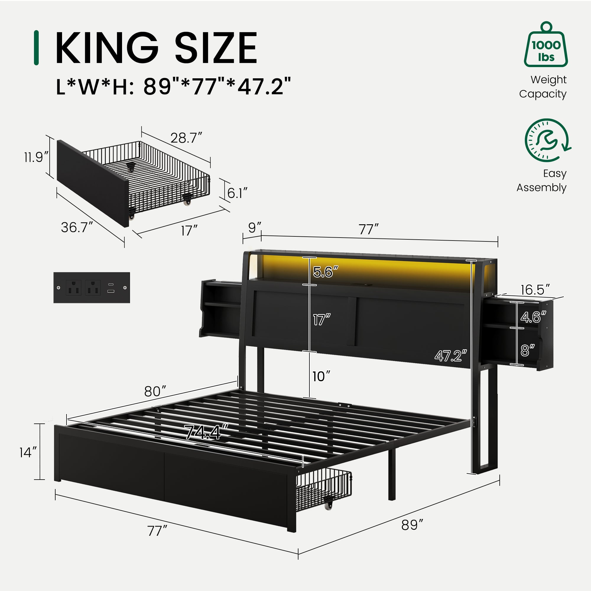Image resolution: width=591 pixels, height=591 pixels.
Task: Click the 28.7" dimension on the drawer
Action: (186, 138)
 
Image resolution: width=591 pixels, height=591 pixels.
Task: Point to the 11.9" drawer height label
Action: (36, 157)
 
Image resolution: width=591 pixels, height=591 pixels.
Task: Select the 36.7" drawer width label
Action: (77, 227)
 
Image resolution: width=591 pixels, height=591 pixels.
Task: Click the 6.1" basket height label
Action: (237, 193)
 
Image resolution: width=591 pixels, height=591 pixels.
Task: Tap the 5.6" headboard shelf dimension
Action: (325, 272)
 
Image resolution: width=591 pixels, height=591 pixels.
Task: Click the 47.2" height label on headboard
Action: (451, 355)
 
